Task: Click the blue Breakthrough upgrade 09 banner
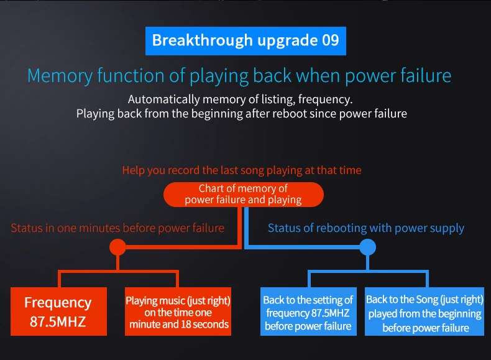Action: (x=245, y=41)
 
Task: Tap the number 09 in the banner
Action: (x=331, y=40)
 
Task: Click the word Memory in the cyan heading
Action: (x=60, y=76)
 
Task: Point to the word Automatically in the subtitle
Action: (x=163, y=99)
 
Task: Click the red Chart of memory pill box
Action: (x=243, y=194)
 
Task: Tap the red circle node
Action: (x=117, y=247)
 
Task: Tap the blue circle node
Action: (x=367, y=247)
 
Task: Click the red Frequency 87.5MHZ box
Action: (x=58, y=312)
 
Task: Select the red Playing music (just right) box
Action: (x=178, y=312)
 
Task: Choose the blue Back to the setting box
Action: (x=308, y=312)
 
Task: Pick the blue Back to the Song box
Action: (x=424, y=312)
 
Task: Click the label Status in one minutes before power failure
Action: (x=117, y=228)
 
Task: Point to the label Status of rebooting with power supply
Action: (x=365, y=228)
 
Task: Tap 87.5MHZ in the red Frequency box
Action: (x=58, y=322)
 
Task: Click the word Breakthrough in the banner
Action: (x=202, y=40)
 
